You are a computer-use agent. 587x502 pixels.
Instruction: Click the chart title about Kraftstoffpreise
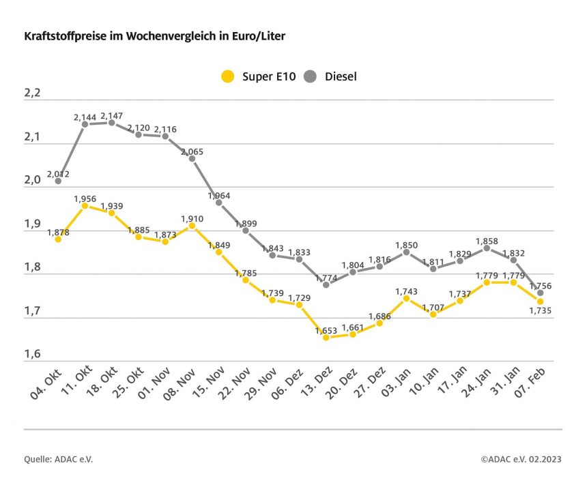(x=154, y=35)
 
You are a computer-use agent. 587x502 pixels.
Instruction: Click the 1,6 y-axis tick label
(x=32, y=355)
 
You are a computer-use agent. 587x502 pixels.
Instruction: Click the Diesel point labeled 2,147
(x=111, y=123)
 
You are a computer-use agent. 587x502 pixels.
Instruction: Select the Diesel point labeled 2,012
(x=58, y=181)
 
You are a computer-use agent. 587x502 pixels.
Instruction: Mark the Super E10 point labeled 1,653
(x=326, y=337)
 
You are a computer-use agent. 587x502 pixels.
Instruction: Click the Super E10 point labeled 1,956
(x=85, y=205)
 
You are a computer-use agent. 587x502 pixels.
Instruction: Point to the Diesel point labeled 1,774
(x=326, y=284)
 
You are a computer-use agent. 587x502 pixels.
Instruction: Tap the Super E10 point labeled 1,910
(x=192, y=225)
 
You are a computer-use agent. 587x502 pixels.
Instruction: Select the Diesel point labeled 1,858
(x=487, y=248)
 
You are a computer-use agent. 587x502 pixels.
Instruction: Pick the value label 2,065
(x=192, y=151)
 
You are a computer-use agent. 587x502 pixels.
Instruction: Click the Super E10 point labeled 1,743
(x=406, y=298)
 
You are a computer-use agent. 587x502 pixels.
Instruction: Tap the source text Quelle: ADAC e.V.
(x=59, y=460)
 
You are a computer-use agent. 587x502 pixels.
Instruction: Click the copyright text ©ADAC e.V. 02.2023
(x=521, y=460)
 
